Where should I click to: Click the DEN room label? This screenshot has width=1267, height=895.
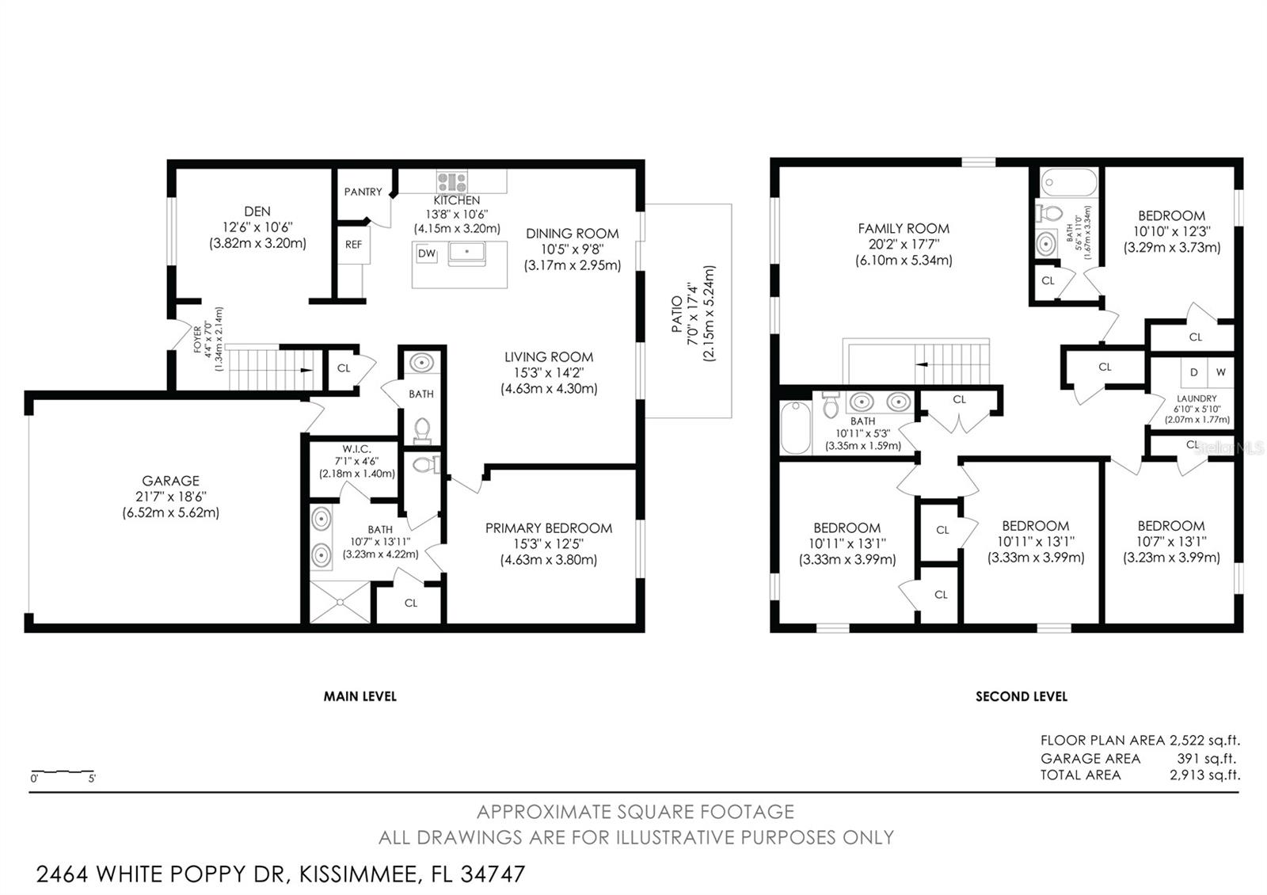(257, 211)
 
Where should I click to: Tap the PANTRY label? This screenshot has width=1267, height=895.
(363, 192)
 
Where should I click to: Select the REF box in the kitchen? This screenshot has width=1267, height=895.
(353, 245)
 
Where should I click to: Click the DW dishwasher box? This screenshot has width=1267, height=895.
(426, 253)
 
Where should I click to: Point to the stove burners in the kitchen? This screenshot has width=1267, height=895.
(452, 181)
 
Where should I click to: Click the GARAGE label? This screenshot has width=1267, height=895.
(170, 481)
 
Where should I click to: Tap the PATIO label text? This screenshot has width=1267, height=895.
(677, 314)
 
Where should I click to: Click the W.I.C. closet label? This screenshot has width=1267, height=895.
(356, 449)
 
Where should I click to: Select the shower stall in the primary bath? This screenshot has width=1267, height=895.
(340, 602)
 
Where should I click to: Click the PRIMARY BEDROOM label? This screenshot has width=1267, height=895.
(548, 528)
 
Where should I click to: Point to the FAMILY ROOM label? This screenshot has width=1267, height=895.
(904, 229)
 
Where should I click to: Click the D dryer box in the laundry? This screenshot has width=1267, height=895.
(1194, 372)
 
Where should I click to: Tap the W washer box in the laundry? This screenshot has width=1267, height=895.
(1220, 372)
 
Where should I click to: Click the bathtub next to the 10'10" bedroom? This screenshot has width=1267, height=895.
(1069, 183)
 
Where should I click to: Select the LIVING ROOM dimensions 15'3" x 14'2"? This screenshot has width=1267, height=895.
(548, 373)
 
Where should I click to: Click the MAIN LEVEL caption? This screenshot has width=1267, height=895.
(360, 696)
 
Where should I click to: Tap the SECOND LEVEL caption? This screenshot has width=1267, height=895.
(1021, 697)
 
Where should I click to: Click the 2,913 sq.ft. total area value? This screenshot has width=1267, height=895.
(1204, 775)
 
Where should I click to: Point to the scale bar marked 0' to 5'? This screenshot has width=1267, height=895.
(63, 771)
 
